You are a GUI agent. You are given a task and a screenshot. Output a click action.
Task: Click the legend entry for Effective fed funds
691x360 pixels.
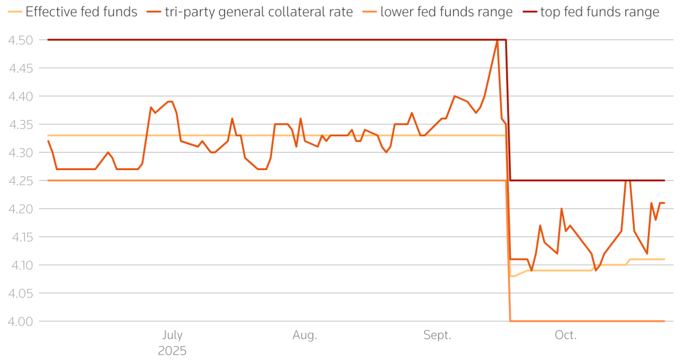[x=81, y=12]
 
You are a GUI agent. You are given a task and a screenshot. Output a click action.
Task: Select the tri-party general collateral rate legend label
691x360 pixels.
[x=259, y=12]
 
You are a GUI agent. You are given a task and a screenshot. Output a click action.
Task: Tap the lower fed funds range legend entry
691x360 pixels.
[x=446, y=12]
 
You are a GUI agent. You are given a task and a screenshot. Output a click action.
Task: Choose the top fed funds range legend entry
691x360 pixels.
[x=600, y=12]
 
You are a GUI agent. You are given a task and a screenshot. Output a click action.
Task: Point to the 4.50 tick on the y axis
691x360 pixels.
[x=20, y=40]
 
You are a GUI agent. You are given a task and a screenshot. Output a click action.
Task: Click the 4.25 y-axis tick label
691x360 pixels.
[x=20, y=180]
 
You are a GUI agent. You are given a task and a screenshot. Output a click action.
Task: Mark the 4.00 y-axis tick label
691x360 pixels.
[x=20, y=321]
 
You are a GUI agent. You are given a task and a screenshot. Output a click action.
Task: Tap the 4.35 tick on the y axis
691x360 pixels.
[x=20, y=125]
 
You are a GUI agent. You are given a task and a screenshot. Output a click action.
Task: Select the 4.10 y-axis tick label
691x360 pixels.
[x=20, y=265]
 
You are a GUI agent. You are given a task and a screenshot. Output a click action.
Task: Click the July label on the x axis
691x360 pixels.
[x=172, y=335]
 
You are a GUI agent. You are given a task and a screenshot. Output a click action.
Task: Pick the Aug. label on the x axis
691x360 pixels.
[x=305, y=335]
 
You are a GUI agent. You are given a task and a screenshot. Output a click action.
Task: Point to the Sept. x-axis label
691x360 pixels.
[x=437, y=335]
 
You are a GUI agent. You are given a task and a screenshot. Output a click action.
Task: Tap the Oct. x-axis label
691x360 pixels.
[x=565, y=335]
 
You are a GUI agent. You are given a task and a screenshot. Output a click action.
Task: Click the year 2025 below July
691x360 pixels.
[x=172, y=351]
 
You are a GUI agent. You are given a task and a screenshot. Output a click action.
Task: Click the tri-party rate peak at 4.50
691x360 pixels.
[x=497, y=40]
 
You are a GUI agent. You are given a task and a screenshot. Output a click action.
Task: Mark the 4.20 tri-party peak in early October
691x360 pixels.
[x=561, y=209]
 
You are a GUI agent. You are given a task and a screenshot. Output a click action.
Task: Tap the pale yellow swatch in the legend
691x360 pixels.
[x=16, y=12]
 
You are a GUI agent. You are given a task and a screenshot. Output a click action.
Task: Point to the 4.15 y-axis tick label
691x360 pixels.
[x=20, y=237]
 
